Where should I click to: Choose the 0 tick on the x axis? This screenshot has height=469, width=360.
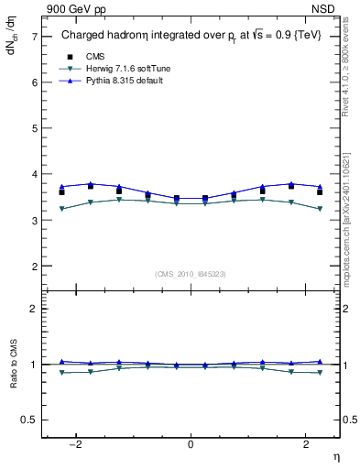[x=191, y=444]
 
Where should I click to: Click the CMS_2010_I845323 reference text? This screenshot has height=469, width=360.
[x=191, y=274]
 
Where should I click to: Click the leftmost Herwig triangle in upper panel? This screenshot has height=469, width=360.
[x=61, y=209]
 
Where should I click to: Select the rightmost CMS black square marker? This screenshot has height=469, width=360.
[x=320, y=191]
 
